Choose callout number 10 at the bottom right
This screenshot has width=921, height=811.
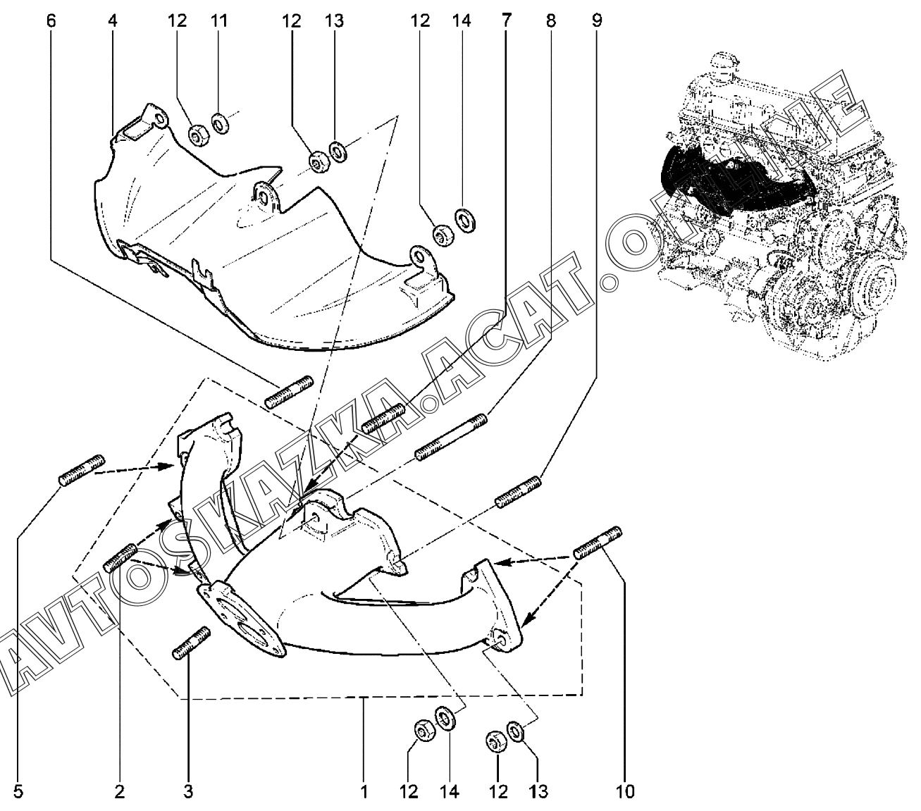[624, 791]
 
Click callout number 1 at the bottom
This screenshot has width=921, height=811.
[364, 791]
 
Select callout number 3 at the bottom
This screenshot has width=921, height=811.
[188, 791]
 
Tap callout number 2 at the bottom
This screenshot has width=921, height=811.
[120, 791]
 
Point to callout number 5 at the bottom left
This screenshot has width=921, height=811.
[18, 791]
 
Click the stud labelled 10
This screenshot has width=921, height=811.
[598, 541]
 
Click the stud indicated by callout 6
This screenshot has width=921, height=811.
[288, 392]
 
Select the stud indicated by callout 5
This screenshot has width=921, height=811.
[82, 470]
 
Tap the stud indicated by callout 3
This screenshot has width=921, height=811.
[191, 643]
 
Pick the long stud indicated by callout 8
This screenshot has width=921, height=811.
[451, 438]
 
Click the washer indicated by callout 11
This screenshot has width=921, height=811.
[219, 125]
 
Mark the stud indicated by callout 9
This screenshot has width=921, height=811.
[519, 492]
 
